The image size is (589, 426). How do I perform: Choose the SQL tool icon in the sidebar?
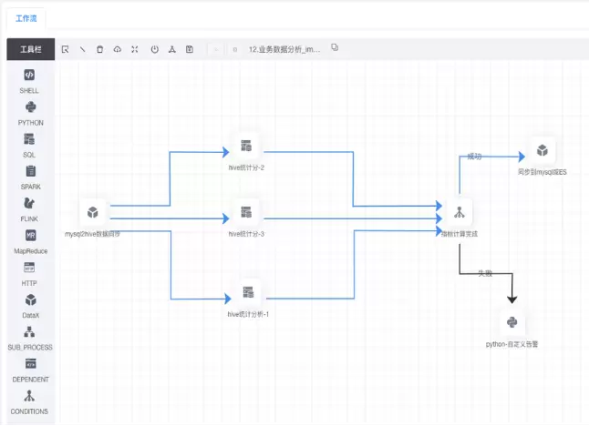pos(30,139)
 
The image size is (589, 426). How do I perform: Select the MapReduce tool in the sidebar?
pos(30,236)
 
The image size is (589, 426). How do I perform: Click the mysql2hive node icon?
pos(92,213)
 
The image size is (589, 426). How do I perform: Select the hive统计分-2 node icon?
pos(246,147)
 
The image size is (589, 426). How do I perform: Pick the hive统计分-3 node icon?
pos(246,213)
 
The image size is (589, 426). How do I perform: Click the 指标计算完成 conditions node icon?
pos(459,212)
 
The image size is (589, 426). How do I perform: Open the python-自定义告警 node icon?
pos(512,322)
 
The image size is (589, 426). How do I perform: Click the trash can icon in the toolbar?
pos(99,49)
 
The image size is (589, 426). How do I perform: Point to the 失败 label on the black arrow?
pos(485,273)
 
